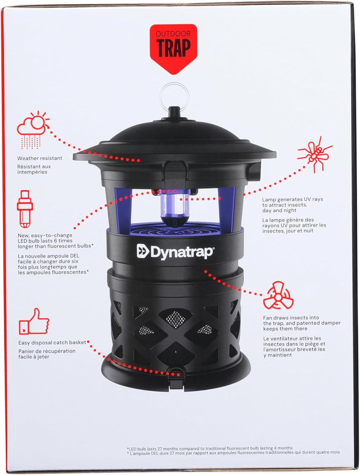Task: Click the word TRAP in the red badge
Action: point(173,48)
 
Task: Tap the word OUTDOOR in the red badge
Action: point(173,34)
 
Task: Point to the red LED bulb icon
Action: point(25,209)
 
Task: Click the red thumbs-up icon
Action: point(34,321)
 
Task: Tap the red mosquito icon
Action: point(315,154)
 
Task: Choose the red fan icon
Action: point(278,295)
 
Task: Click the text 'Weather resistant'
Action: point(40,158)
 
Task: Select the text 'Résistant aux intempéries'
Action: point(34,169)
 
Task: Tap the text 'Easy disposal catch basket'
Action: point(52,343)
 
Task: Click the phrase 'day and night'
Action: point(279,210)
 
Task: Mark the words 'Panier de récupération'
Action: point(47,351)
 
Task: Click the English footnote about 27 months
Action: point(210,448)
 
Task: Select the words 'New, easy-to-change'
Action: point(45,235)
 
